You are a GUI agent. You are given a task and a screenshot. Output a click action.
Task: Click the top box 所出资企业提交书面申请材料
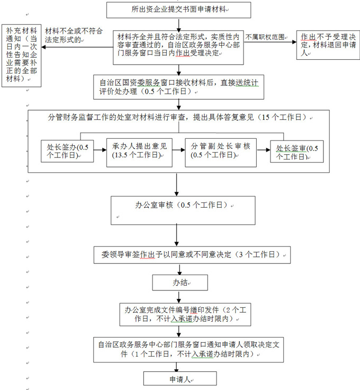click(178, 10)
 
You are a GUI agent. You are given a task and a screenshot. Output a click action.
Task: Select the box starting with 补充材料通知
click(21, 56)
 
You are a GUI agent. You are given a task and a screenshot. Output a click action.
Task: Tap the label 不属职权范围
click(265, 37)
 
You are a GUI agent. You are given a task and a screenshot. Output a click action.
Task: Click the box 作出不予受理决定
click(328, 45)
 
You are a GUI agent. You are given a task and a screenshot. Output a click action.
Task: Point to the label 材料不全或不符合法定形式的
click(74, 35)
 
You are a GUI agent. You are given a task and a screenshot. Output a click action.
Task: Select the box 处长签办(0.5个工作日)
click(67, 151)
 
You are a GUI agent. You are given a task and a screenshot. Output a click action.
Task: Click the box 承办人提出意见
click(139, 153)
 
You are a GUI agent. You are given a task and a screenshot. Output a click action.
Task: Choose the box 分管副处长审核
click(221, 153)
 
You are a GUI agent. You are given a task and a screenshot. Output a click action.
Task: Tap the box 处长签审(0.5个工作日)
click(297, 152)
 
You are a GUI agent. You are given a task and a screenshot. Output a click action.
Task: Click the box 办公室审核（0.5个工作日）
click(183, 210)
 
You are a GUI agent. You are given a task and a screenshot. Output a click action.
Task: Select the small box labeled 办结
click(180, 282)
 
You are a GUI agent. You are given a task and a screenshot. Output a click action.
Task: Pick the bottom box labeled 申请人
click(180, 378)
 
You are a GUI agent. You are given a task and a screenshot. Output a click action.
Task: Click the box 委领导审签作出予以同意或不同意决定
click(192, 255)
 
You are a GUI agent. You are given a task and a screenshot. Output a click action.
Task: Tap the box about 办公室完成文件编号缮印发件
click(185, 315)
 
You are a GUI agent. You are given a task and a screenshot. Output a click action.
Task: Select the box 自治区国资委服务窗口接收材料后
click(178, 87)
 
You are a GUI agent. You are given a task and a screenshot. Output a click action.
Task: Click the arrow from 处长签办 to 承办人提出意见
click(100, 150)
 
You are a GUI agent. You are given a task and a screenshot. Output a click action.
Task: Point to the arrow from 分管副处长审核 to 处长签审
click(263, 150)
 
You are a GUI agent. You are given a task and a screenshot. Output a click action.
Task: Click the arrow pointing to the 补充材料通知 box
click(77, 47)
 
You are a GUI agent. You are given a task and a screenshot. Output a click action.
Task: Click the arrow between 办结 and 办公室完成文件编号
click(179, 297)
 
